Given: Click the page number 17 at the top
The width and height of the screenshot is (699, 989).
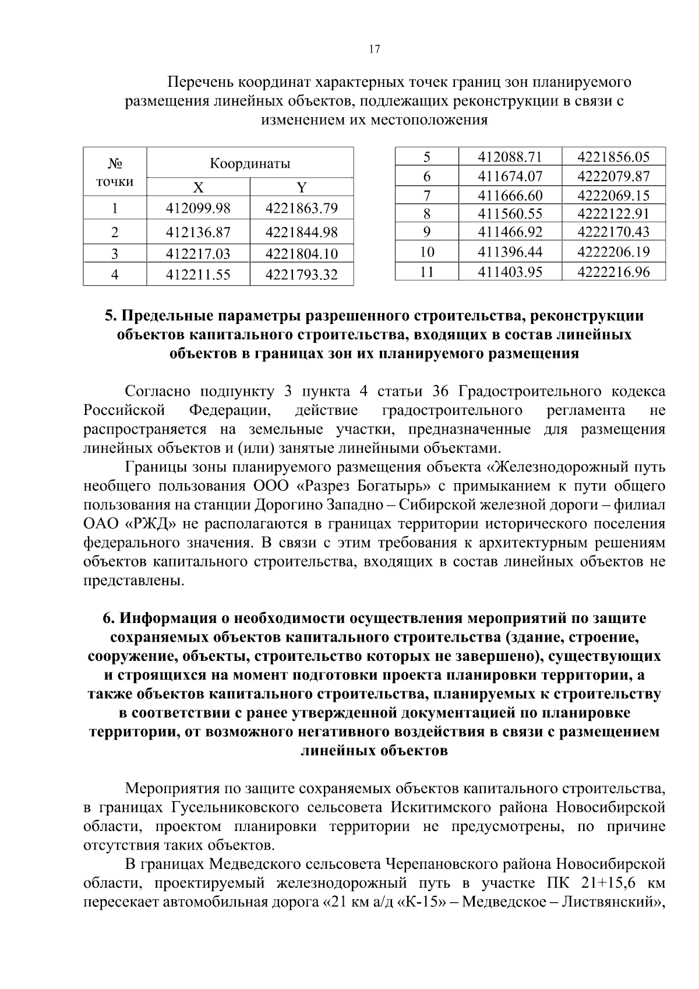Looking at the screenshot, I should point(375,50).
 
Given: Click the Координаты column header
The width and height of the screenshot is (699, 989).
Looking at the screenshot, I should point(249,163).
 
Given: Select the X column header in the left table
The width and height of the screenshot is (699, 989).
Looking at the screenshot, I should point(198,188).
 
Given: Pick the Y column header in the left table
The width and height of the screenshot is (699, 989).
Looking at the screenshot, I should point(301,188).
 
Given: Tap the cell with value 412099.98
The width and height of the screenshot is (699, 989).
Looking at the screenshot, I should point(198,208).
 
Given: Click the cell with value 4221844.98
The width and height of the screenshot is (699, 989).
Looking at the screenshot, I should point(301,233).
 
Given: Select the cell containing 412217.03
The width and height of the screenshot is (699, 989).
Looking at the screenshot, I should point(198,254).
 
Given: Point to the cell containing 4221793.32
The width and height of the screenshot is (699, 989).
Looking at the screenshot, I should point(301,274).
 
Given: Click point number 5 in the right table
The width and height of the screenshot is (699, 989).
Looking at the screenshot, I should point(427,157).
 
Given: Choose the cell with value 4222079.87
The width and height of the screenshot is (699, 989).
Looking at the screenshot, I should point(613,176).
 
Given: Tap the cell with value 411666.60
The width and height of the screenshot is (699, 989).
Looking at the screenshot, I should point(510,195).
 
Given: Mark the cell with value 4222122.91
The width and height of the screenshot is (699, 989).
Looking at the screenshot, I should point(613,213).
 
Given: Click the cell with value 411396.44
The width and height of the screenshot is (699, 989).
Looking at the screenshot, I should point(510,252).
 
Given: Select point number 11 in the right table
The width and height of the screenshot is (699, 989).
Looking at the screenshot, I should point(427,272).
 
